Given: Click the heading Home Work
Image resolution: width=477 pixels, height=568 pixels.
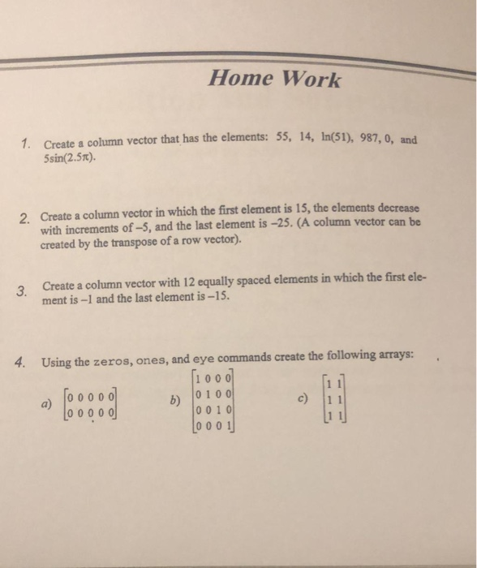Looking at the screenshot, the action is click(275, 80).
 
